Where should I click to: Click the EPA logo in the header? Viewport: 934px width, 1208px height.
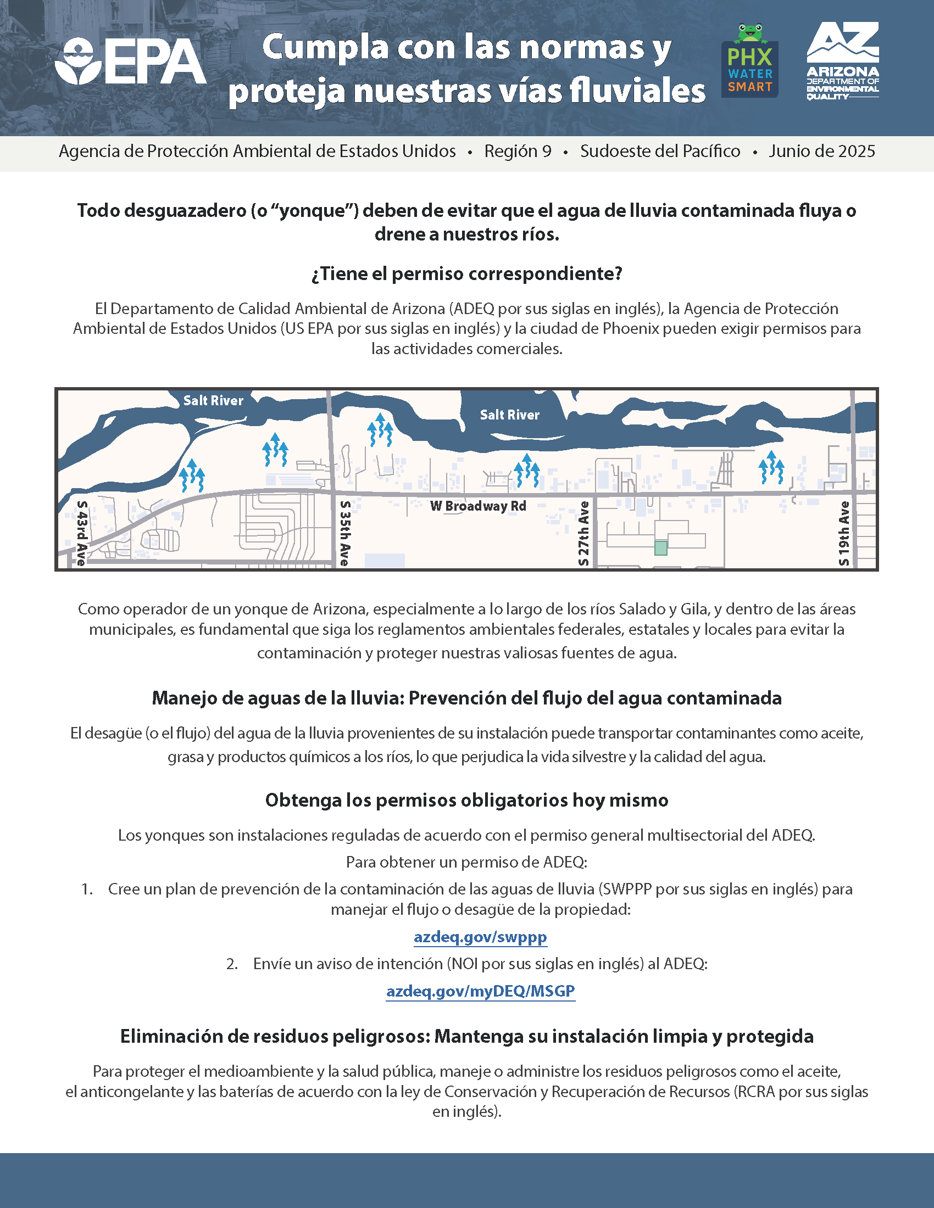tap(131, 61)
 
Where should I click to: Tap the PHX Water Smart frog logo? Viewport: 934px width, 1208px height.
tap(750, 61)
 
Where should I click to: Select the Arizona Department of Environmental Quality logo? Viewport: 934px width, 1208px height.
tap(842, 61)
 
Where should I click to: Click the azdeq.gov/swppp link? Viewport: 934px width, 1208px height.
tap(480, 937)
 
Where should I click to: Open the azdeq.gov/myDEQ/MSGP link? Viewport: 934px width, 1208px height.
tap(480, 991)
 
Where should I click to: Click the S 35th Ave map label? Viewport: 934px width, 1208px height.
tap(344, 533)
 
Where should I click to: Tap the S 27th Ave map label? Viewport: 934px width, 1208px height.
tap(583, 533)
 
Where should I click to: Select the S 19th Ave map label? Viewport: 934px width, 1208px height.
tap(844, 533)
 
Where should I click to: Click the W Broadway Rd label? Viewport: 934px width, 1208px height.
tap(478, 506)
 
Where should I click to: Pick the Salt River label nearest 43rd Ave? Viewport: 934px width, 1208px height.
tap(213, 400)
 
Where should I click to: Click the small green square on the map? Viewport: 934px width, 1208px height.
tap(660, 547)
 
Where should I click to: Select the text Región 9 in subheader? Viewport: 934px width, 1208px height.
tap(518, 151)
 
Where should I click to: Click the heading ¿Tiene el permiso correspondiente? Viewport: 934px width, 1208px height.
tap(466, 273)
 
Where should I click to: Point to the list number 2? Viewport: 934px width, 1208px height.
tap(232, 964)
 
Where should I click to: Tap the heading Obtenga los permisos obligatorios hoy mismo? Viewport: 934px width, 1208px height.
tap(466, 800)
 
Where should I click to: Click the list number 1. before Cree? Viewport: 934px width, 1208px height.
tap(87, 890)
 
